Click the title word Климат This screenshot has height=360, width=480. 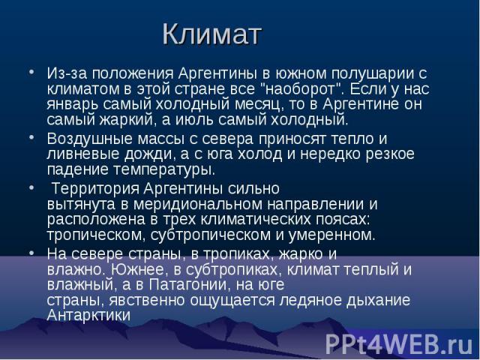(x=211, y=34)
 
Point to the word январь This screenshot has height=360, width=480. (x=73, y=105)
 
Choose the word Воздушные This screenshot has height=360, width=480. (x=90, y=139)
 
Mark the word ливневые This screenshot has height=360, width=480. (x=83, y=154)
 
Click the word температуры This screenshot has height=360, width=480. (x=164, y=170)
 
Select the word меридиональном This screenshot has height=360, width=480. (x=198, y=205)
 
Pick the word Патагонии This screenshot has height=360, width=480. (x=190, y=285)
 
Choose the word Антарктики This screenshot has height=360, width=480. (x=89, y=315)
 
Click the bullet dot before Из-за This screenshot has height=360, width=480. (x=31, y=72)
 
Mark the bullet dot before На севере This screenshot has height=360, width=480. (x=31, y=253)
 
